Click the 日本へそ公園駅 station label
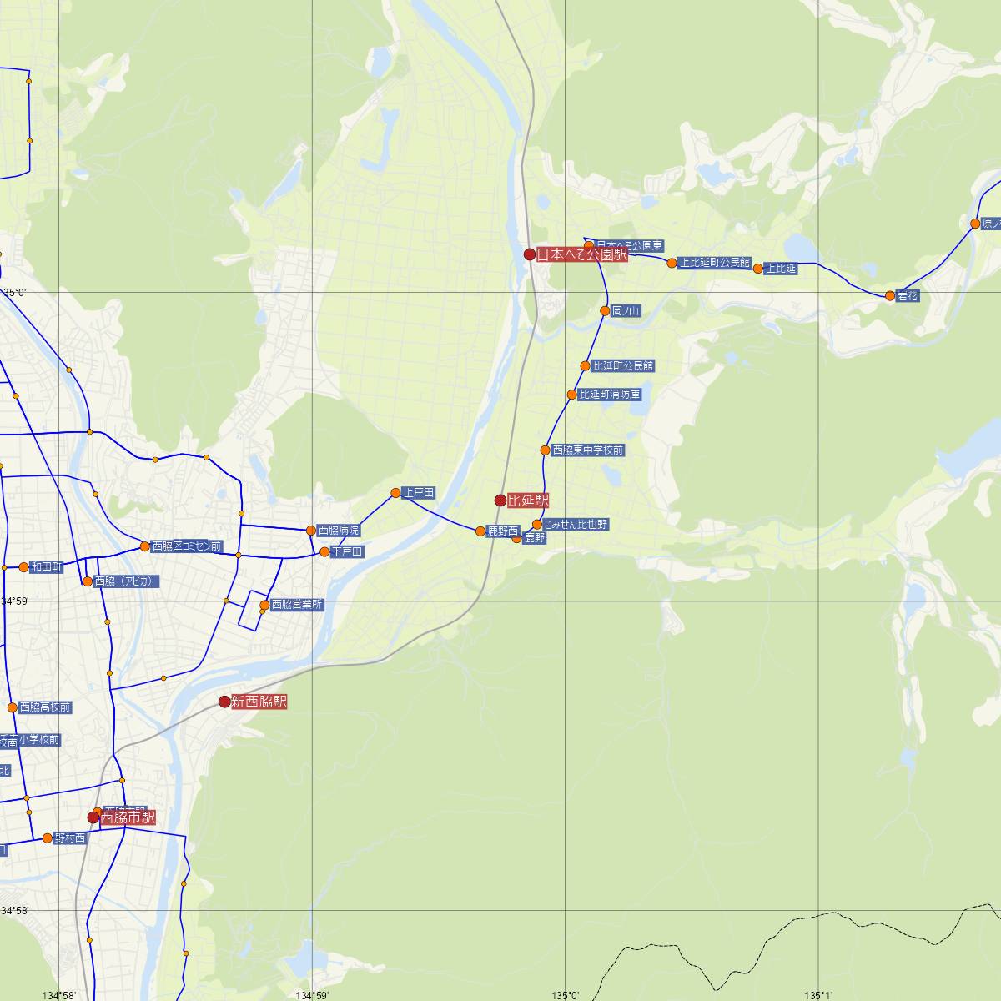tap(581, 254)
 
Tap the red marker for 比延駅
tap(500, 500)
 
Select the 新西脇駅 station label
tap(259, 702)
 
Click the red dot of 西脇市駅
tap(93, 817)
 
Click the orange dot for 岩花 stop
tap(890, 296)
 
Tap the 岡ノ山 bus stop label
tap(626, 311)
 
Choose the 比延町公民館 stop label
tap(623, 366)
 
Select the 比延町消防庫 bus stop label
tap(610, 395)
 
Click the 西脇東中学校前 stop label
tap(588, 450)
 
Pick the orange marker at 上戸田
tap(395, 493)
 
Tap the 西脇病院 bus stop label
tap(338, 531)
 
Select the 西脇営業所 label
tap(298, 606)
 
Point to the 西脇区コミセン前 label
tap(187, 547)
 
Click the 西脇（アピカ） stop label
tap(124, 581)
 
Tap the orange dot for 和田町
tap(23, 567)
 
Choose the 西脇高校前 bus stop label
tap(45, 708)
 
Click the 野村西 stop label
tap(70, 838)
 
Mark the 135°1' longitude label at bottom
tap(818, 995)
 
